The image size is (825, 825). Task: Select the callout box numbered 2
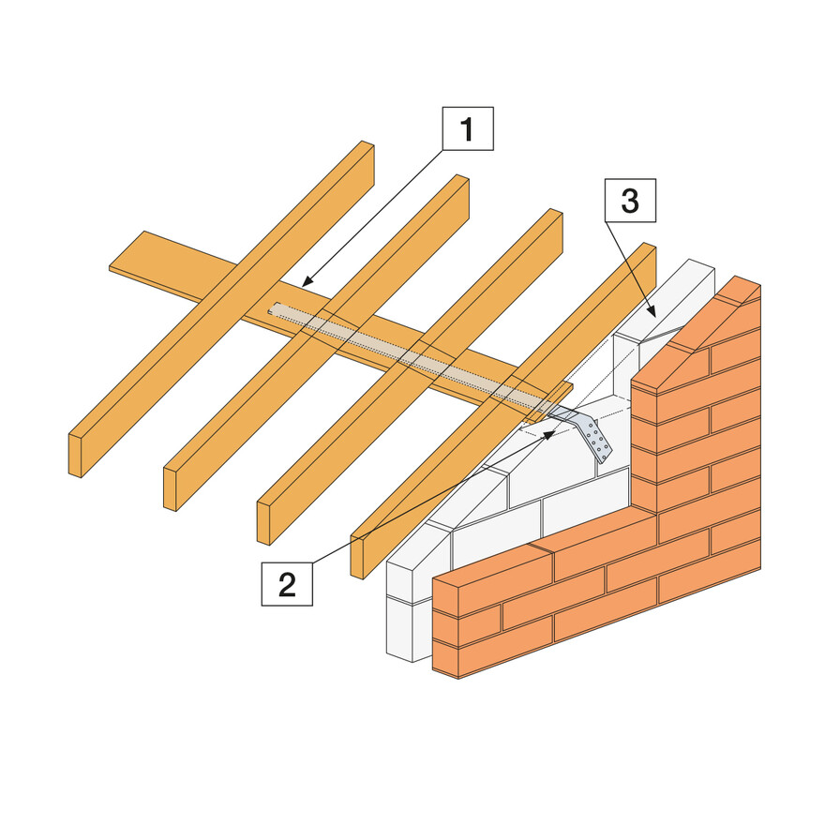point(287,582)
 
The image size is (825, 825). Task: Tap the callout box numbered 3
point(630,202)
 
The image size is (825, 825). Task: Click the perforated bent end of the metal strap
point(595,439)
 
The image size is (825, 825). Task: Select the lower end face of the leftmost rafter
point(74,456)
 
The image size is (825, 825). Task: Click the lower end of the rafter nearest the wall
point(356,556)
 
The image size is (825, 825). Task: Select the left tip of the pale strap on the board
point(273,307)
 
